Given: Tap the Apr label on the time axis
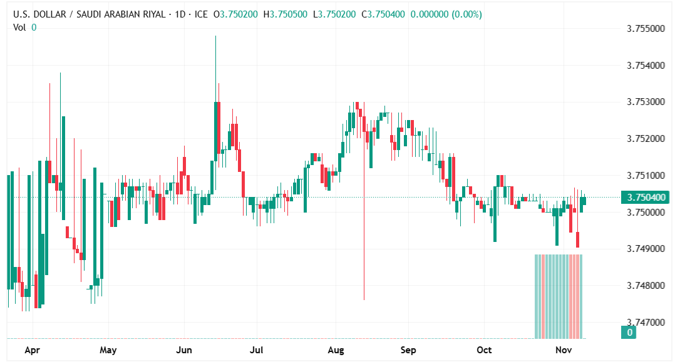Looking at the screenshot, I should (33, 351).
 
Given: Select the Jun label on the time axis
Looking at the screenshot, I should (184, 351).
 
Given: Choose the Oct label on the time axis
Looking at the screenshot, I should (483, 351).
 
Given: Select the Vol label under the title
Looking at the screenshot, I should (19, 27).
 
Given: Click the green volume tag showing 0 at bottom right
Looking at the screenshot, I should (630, 333).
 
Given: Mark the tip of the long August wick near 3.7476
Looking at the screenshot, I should (364, 299).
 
